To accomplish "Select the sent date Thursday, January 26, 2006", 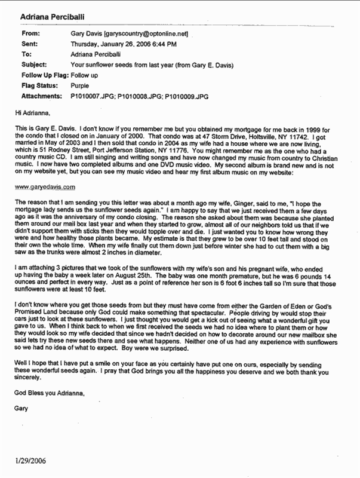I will click(x=118, y=44).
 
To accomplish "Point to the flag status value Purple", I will click(x=80, y=85).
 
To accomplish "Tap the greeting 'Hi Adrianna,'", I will click(x=30, y=111).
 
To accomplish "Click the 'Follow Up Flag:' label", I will click(x=44, y=75).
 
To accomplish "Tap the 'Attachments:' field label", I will click(x=42, y=96).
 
